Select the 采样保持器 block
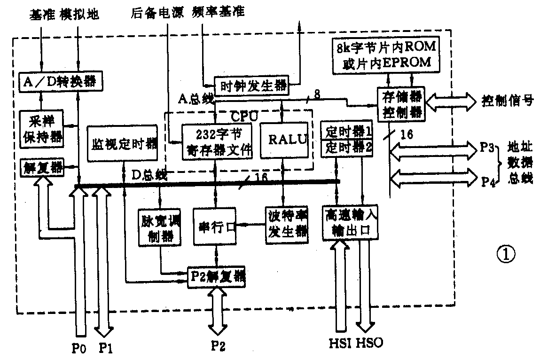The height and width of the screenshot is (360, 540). click(x=42, y=127)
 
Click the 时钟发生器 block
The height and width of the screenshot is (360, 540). click(x=251, y=86)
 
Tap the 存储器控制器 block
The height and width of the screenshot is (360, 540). click(x=402, y=104)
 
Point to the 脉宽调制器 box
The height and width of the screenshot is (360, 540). click(x=160, y=227)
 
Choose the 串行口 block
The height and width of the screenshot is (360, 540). click(x=215, y=226)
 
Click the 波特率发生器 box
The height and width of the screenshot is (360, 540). click(x=286, y=225)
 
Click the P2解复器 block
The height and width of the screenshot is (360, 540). click(x=216, y=275)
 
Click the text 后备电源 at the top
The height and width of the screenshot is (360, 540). click(x=158, y=13)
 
